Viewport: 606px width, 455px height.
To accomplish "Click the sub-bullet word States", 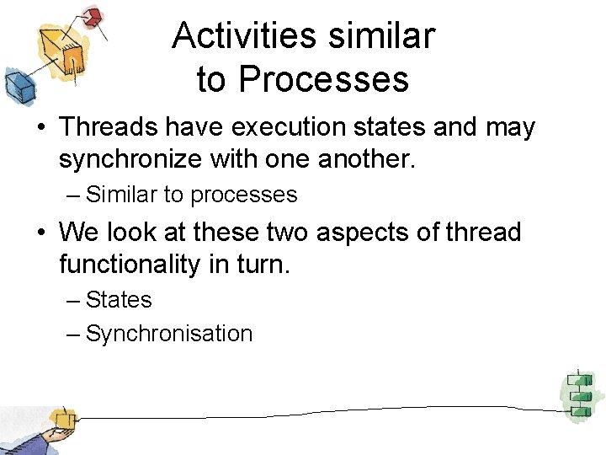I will (x=119, y=300).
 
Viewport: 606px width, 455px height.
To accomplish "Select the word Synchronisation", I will (x=168, y=334).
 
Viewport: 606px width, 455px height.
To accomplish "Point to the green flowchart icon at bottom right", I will (x=579, y=393).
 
